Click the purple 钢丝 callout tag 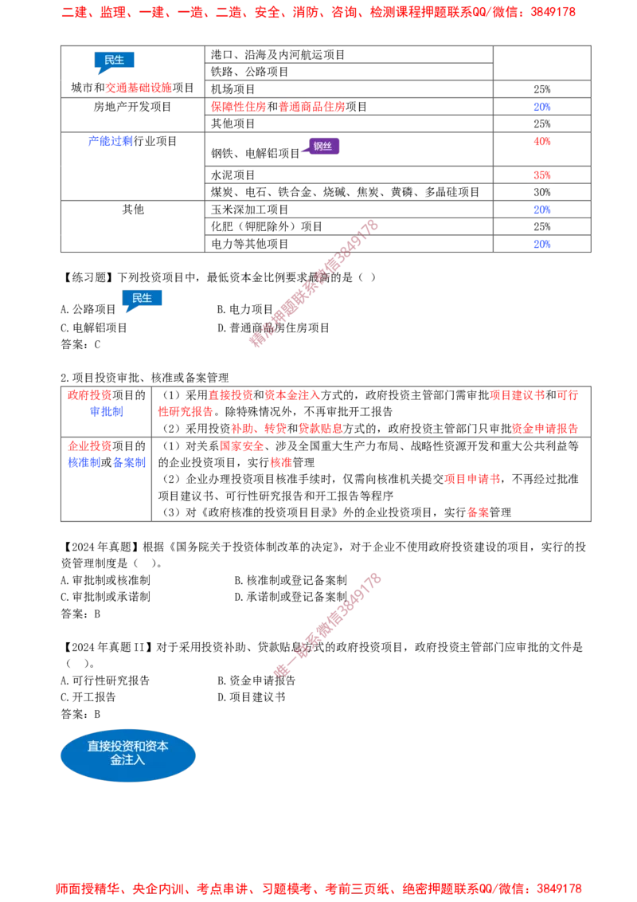pos(322,146)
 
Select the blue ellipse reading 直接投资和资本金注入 pos(128,755)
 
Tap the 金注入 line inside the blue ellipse pos(128,762)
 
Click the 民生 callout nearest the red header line pos(115,61)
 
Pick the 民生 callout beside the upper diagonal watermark pos(143,298)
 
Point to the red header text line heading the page pos(318,13)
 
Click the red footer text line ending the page pos(318,888)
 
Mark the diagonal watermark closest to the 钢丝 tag pos(315,283)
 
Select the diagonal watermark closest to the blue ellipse pos(326,624)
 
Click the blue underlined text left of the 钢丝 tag pos(110,142)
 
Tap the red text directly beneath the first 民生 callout pos(138,88)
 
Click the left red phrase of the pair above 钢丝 pos(238,107)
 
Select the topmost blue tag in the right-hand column pos(541,107)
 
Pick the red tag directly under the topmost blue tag pos(542,141)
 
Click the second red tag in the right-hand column pos(542,175)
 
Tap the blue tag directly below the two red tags pos(541,210)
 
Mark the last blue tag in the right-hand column pos(541,242)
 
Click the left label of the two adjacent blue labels pos(83,462)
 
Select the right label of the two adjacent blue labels pos(129,462)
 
